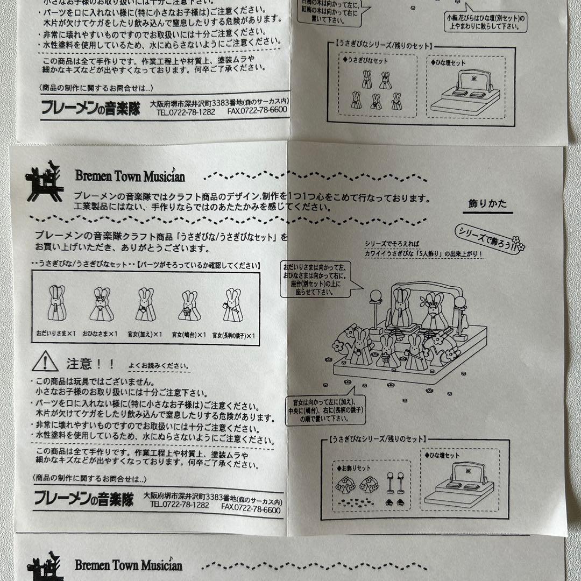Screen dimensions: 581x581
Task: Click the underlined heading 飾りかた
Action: (x=487, y=204)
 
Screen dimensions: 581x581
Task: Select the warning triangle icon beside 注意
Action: (x=45, y=362)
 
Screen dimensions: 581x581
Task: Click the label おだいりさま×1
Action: (x=56, y=334)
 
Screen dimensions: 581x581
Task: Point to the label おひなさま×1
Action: (x=100, y=334)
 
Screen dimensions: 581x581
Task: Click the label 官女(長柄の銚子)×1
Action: (x=233, y=335)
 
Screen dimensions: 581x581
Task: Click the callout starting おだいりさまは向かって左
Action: (x=313, y=279)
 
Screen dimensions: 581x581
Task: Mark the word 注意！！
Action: (x=90, y=364)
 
